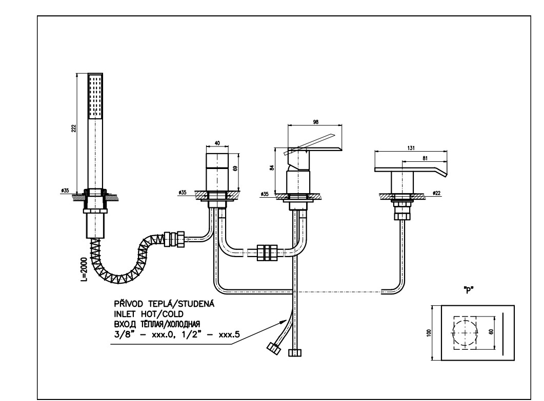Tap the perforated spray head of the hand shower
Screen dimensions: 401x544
(96, 96)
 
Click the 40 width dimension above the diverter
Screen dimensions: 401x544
(217, 144)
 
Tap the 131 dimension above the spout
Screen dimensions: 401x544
(411, 147)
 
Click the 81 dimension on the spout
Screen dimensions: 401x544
(425, 158)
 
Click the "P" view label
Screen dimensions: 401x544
(467, 289)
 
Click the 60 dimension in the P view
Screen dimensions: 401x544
(491, 332)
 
